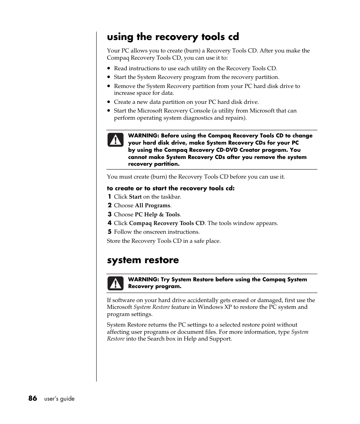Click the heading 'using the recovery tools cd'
click(173, 37)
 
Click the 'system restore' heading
click(143, 260)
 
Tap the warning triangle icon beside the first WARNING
click(115, 140)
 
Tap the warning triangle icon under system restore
click(115, 283)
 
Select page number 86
click(32, 398)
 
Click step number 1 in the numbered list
click(109, 197)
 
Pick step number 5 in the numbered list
click(109, 232)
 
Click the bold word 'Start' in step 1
click(135, 197)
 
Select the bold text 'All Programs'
click(152, 205)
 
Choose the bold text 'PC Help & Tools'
click(157, 214)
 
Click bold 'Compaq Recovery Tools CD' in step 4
click(166, 223)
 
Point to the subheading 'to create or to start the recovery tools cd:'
click(171, 188)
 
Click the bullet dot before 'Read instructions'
click(109, 69)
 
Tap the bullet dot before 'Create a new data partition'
click(109, 102)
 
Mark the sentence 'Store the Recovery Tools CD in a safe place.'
click(163, 241)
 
